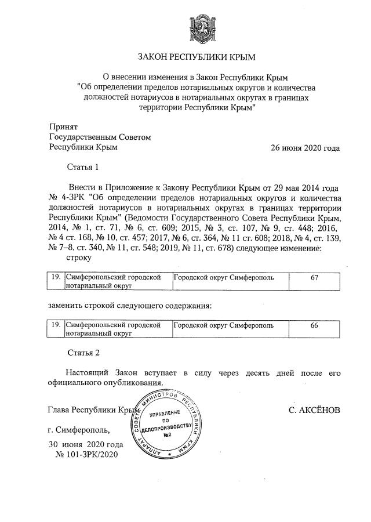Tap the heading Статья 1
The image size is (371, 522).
coord(83,168)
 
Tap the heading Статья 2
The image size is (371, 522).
coord(83,352)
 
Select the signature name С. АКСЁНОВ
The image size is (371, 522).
coord(314,410)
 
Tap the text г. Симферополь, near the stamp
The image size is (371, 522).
coord(78,431)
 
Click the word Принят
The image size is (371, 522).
coord(63,126)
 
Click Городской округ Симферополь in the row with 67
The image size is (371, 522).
coord(224,278)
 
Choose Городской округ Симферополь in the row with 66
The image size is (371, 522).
coord(224,326)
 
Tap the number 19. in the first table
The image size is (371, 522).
coord(56,278)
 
